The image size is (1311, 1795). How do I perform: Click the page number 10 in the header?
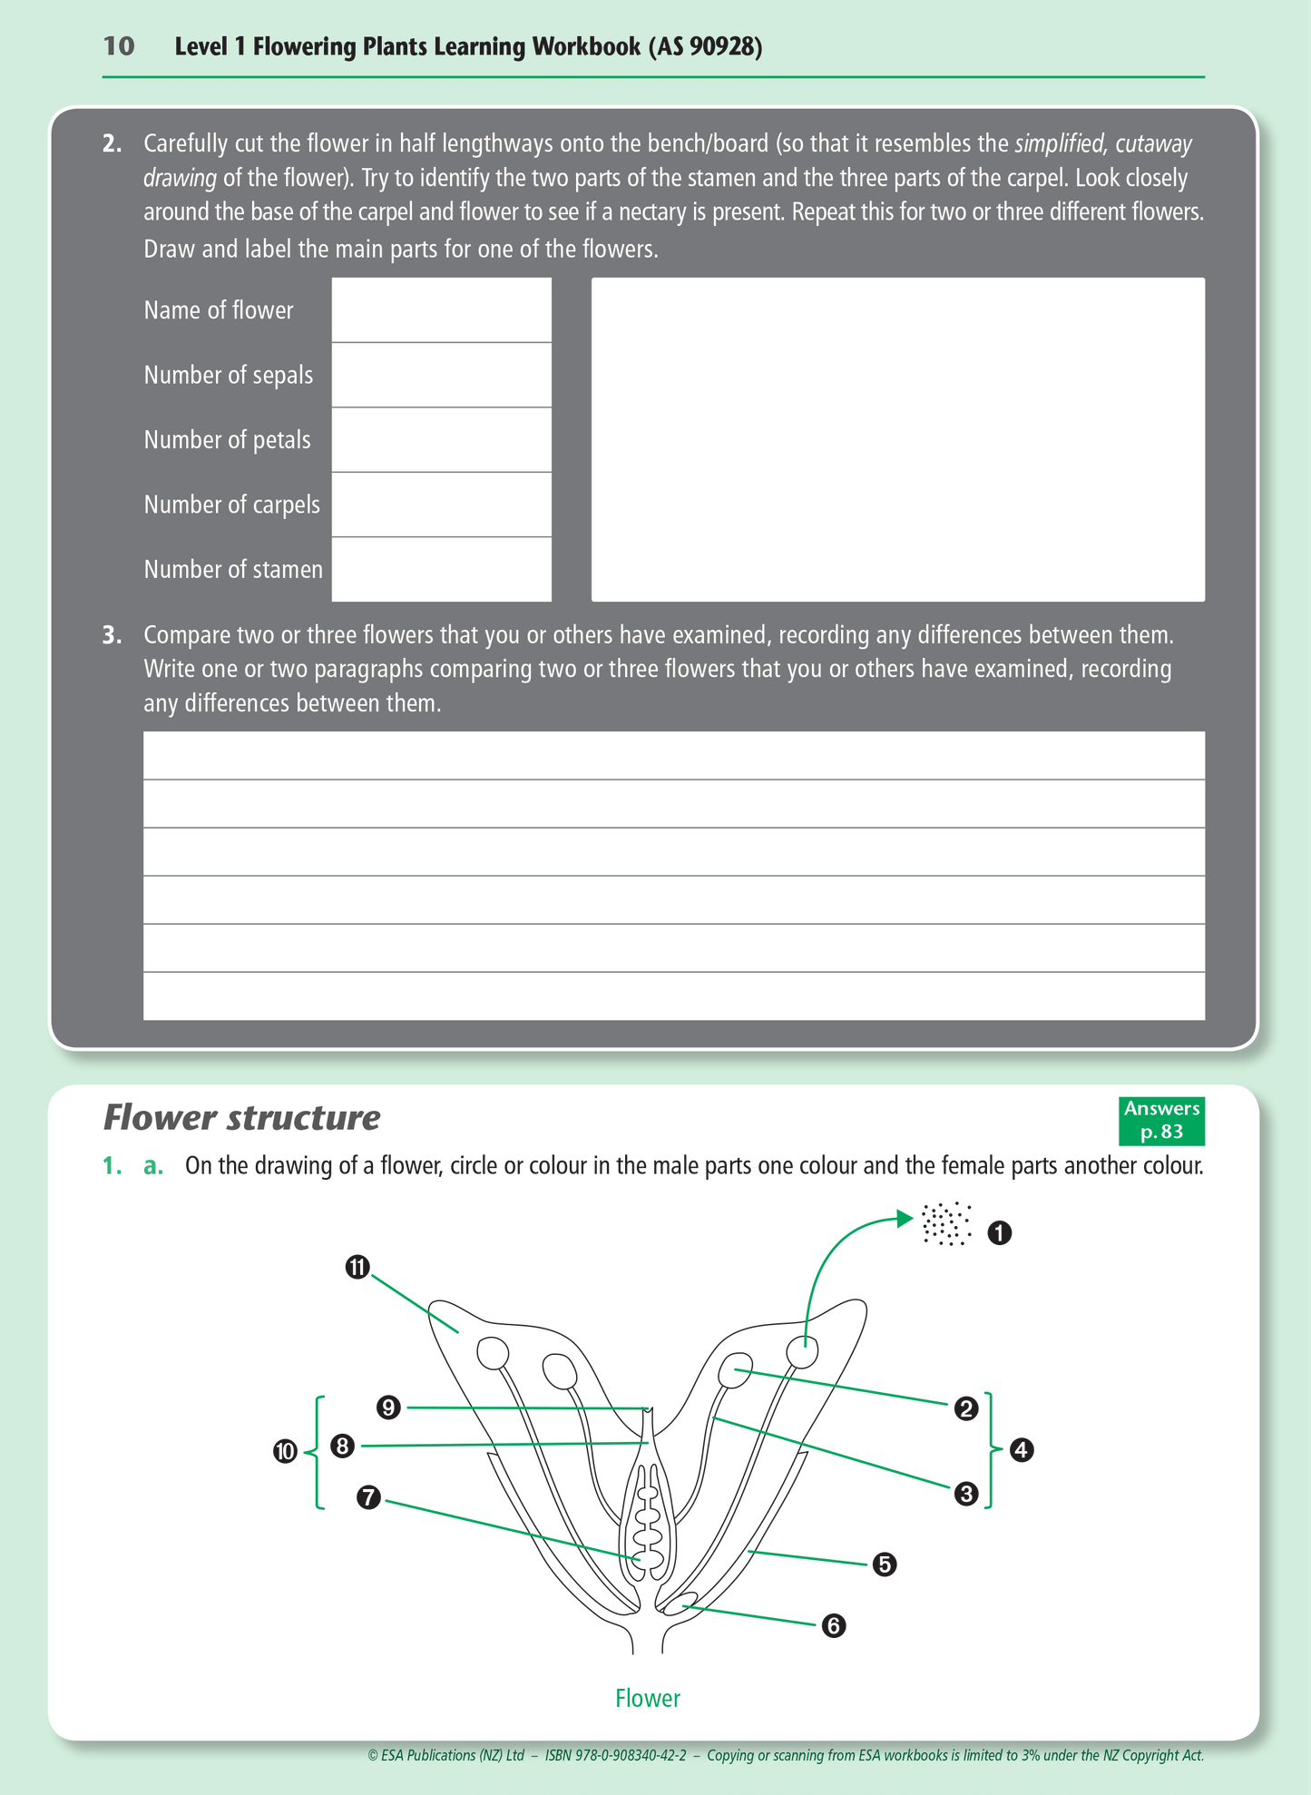coord(119,46)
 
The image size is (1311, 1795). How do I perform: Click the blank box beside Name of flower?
coord(441,310)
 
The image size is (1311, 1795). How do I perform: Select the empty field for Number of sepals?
coord(441,375)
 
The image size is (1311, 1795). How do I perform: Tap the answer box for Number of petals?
coord(441,440)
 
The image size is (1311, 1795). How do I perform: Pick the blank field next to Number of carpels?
coord(441,505)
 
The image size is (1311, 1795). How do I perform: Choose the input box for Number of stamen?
coord(441,569)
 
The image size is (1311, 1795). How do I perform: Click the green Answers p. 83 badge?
coord(1161,1121)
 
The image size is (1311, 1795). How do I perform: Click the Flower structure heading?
coord(241,1118)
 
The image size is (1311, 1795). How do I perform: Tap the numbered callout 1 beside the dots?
coord(999,1233)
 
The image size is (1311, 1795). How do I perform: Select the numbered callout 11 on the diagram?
coord(357,1267)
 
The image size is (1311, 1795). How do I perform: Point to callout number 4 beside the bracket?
coord(1022,1450)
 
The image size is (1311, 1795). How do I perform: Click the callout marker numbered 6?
coord(833,1626)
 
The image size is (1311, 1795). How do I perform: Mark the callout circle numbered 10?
coord(285,1451)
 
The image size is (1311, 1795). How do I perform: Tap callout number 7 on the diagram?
coord(368,1497)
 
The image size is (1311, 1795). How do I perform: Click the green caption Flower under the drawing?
coord(647,1699)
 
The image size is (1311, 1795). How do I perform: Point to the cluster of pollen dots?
coord(946,1224)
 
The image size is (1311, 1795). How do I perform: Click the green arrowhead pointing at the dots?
coord(905,1218)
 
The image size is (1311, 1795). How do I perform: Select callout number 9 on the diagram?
coord(388,1408)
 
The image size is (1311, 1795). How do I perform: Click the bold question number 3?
coord(112,635)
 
